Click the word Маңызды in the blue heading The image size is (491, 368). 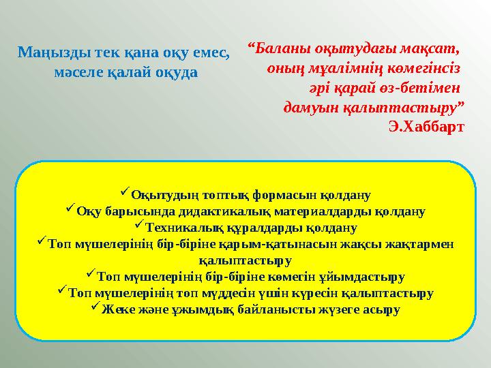pyautogui.click(x=49, y=51)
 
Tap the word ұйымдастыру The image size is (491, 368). pyautogui.click(x=366, y=277)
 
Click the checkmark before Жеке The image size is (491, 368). pyautogui.click(x=95, y=308)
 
